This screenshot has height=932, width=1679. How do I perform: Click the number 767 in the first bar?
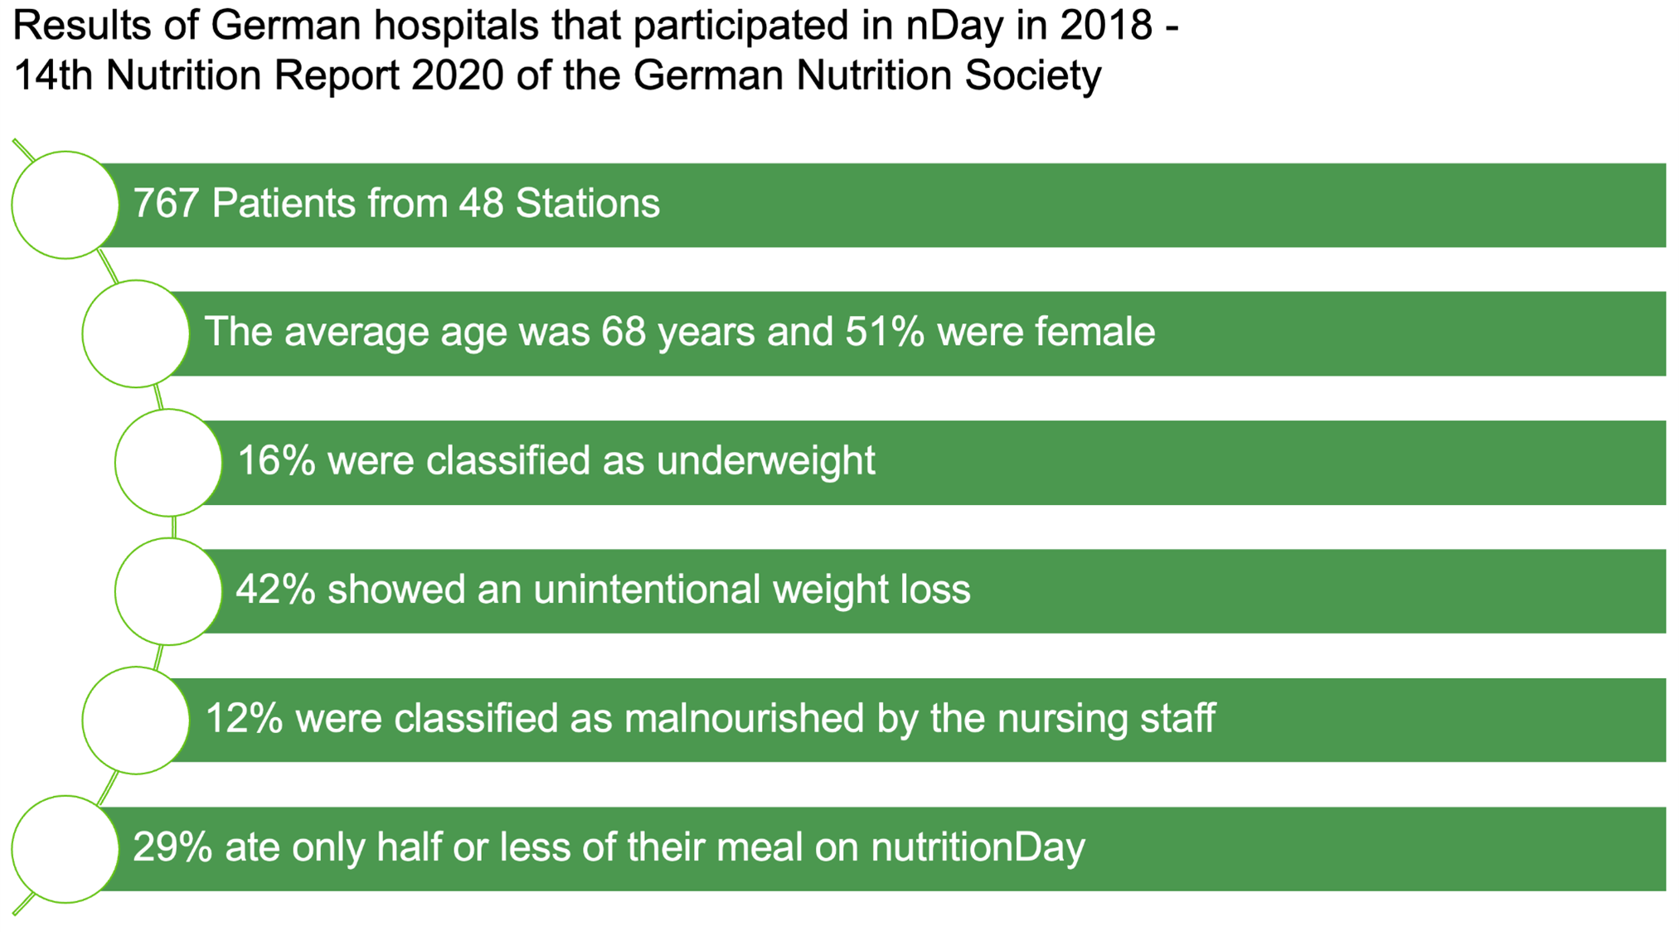(x=165, y=203)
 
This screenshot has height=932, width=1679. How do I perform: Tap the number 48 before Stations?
(x=481, y=203)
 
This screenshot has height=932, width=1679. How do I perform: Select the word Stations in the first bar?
(x=588, y=203)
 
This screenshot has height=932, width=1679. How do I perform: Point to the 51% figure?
(x=885, y=332)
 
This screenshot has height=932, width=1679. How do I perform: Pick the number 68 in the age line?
(x=624, y=332)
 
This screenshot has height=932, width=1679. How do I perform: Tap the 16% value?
(x=276, y=460)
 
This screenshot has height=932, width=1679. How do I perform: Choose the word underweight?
(x=766, y=461)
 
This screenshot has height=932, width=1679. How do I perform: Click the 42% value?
(x=275, y=590)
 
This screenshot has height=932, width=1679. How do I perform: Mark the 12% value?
(x=244, y=718)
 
